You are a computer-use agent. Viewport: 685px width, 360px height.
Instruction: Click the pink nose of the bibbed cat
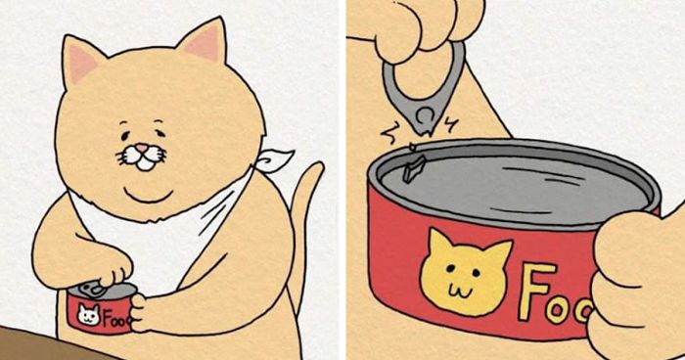coord(144,149)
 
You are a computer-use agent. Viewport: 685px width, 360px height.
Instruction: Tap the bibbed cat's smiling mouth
coord(144,162)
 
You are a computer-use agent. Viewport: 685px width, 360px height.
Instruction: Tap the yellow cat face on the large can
coord(464,270)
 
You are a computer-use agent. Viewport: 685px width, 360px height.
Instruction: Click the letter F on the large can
coord(536,292)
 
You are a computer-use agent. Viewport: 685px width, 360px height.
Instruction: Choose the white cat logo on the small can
coord(86,315)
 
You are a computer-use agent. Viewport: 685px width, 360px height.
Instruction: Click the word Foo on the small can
coord(112,318)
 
